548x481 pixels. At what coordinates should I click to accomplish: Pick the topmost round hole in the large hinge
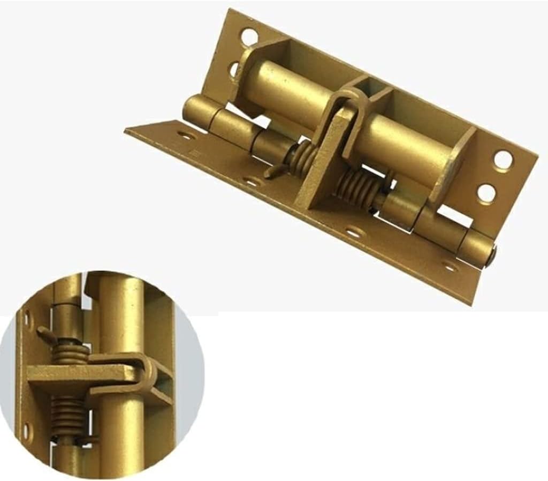click(248, 37)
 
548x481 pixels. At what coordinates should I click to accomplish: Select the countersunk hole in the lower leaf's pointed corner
click(184, 136)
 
